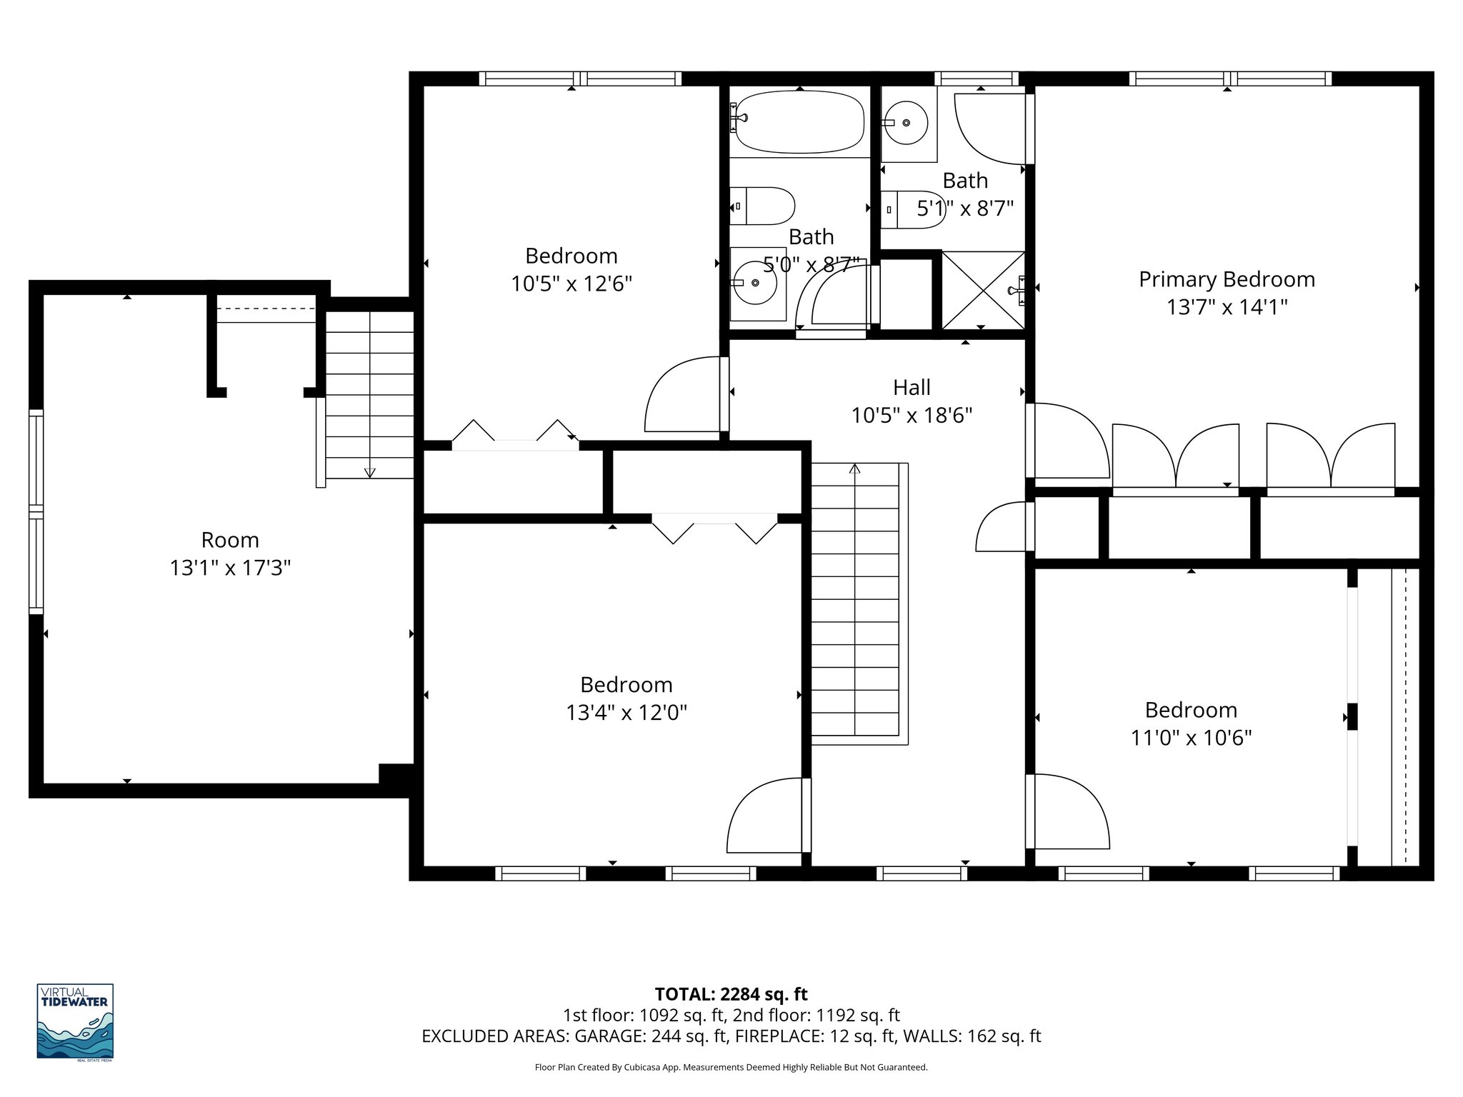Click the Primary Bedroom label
1226,279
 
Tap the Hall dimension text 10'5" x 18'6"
912,415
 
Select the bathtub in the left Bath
799,122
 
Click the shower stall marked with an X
983,291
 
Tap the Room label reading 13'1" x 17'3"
230,568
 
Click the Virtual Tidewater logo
75,1021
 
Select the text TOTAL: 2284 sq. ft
731,994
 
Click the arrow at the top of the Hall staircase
854,469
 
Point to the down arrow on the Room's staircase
369,472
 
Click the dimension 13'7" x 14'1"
1226,307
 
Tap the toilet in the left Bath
762,206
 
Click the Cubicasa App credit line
731,1068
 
